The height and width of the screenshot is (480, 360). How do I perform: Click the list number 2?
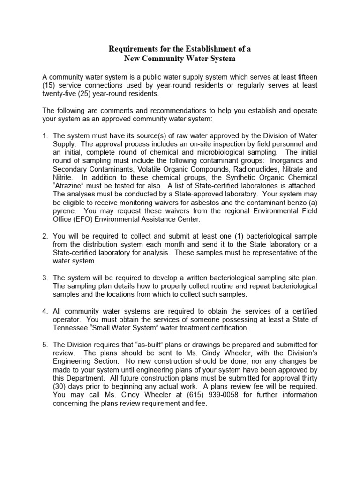point(45,236)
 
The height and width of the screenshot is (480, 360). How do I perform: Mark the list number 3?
point(45,278)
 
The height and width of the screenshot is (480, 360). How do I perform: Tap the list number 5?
point(45,345)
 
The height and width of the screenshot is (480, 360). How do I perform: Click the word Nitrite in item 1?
point(63,177)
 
